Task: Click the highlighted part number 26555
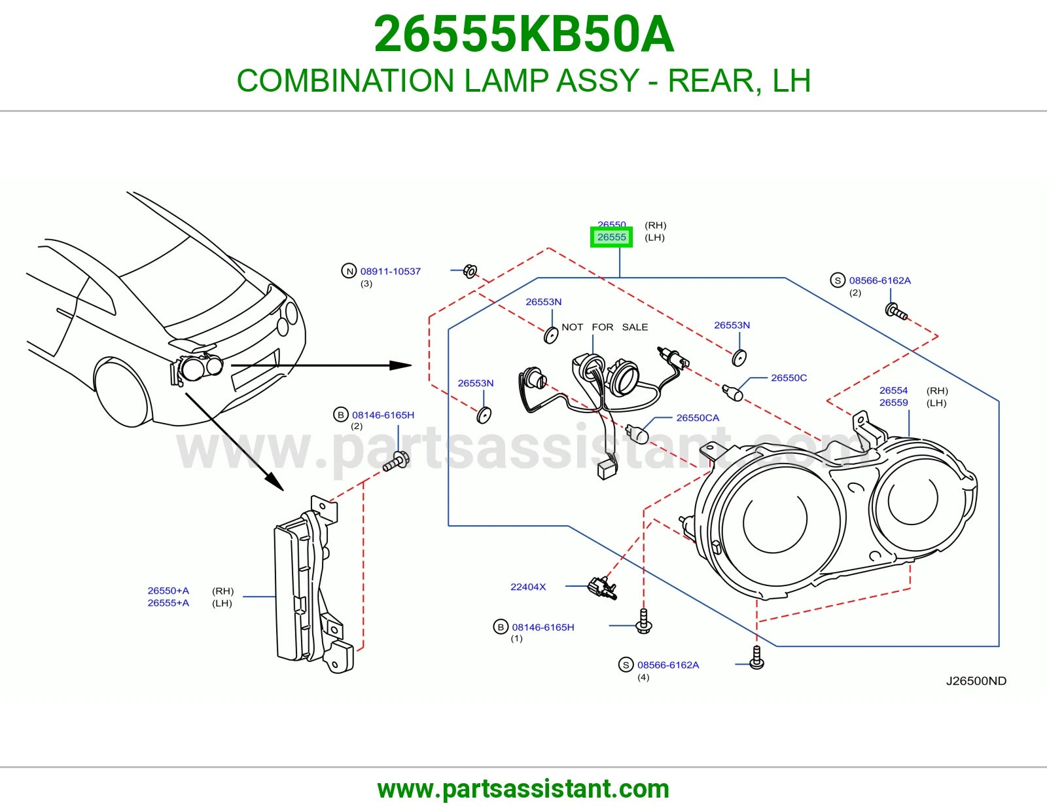pos(611,237)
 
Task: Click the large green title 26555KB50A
pos(523,34)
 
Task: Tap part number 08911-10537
pos(390,272)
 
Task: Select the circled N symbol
pos(349,271)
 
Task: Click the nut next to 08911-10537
pos(470,272)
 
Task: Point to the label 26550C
pos(789,378)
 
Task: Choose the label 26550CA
pos(698,418)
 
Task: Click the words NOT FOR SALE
pos(605,327)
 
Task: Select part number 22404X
pos(528,587)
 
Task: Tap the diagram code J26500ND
pos(976,681)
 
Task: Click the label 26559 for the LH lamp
pos(893,403)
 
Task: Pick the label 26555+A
pos(168,602)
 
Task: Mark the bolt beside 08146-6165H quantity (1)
pos(644,621)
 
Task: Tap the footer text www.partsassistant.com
pos(523,789)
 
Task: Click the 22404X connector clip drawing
pos(602,588)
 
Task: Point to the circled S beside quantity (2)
pos(838,280)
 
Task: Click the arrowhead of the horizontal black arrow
pos(400,365)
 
